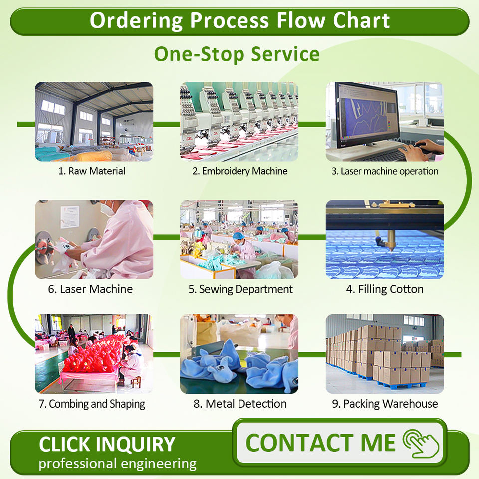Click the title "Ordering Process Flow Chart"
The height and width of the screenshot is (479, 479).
click(239, 21)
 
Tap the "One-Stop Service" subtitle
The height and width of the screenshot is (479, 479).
click(237, 54)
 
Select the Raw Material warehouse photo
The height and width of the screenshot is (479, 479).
click(94, 121)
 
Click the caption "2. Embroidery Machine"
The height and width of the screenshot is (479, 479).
click(240, 171)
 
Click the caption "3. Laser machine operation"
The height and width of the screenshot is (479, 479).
click(385, 171)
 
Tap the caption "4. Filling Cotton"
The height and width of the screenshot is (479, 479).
click(385, 289)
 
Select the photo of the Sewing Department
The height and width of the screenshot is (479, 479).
click(239, 239)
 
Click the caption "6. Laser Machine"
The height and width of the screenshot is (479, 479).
click(90, 289)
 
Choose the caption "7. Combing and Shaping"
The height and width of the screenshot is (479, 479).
click(92, 404)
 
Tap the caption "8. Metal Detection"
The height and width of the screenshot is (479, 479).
click(240, 404)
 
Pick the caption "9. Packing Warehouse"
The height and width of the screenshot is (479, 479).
click(385, 404)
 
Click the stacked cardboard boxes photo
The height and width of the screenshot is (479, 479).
click(385, 354)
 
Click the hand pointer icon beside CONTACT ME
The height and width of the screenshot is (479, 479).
click(422, 443)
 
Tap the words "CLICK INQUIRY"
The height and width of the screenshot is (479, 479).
click(107, 444)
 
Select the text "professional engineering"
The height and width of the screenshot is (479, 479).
click(118, 464)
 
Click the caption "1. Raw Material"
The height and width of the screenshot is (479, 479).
click(92, 171)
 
